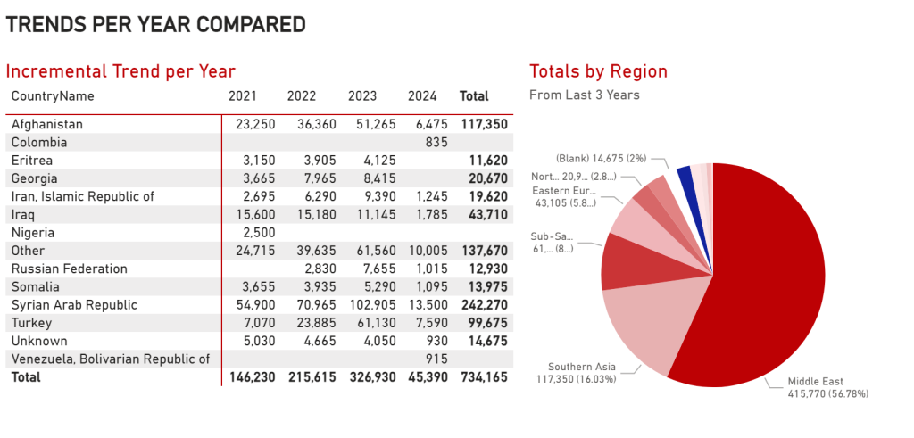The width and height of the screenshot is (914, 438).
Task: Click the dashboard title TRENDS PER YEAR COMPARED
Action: tap(155, 25)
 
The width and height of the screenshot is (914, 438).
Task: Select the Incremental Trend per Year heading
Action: tap(120, 71)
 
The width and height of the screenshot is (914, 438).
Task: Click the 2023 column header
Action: tap(361, 96)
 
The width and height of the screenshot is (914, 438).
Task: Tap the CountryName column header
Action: tap(53, 96)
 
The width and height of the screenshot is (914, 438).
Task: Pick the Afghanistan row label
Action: tap(47, 125)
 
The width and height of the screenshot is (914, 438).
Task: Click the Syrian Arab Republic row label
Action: tap(74, 305)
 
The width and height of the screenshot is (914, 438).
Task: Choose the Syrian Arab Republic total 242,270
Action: tap(483, 305)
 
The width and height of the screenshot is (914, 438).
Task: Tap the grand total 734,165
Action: tap(483, 377)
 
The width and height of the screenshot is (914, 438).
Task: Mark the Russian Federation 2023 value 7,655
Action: tap(362, 269)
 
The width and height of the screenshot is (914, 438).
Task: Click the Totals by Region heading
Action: tap(598, 71)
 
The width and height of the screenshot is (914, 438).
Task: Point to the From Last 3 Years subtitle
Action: tap(585, 95)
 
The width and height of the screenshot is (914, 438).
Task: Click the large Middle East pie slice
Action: tap(768, 285)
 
